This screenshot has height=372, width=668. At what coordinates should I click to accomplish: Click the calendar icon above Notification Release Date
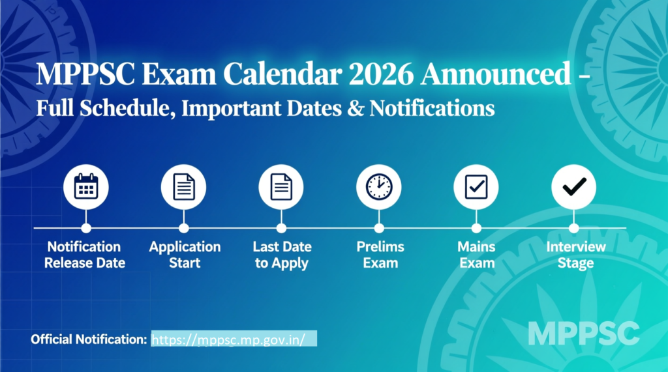click(85, 187)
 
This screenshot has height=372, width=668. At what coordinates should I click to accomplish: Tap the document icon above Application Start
click(183, 187)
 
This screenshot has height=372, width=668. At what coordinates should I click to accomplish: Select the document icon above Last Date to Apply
click(281, 187)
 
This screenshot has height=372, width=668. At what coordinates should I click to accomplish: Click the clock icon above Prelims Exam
click(379, 187)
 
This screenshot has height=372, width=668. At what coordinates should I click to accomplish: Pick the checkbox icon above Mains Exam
click(476, 187)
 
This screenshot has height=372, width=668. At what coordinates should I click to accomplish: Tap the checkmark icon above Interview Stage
click(574, 187)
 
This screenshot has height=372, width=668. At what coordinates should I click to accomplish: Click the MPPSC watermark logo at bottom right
click(583, 333)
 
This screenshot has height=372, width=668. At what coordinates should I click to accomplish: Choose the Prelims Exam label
click(380, 255)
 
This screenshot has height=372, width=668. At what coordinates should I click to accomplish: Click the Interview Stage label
click(575, 255)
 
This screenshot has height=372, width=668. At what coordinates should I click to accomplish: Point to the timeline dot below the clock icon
click(379, 228)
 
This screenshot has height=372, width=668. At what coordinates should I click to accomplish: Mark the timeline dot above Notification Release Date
click(85, 228)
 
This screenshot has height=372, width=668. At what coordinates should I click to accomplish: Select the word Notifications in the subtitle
click(432, 107)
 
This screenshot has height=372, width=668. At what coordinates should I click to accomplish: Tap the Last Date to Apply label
click(282, 255)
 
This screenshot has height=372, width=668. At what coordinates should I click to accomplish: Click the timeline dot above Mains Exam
click(476, 228)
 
